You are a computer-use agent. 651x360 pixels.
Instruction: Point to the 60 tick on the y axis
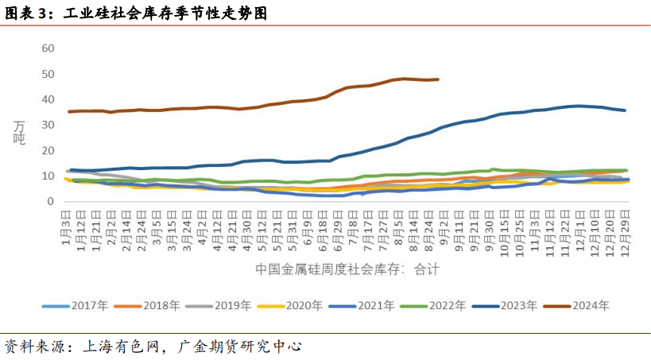[x=47, y=48]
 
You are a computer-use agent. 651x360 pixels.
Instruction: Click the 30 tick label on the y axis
[x=47, y=125]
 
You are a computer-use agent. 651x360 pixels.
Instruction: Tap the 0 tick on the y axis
[x=50, y=201]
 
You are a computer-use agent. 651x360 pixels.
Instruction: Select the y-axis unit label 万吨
[x=19, y=131]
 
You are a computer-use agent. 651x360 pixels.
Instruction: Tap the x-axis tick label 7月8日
[x=353, y=229]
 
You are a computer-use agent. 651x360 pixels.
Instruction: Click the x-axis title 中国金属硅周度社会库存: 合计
[x=347, y=269]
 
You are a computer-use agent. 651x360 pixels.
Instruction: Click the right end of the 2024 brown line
[x=438, y=79]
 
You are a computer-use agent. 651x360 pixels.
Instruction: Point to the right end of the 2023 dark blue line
[x=625, y=110]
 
